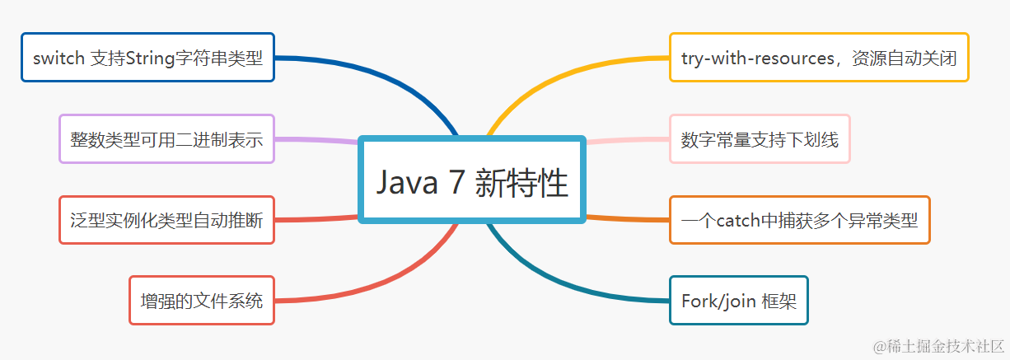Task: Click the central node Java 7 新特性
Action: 472,180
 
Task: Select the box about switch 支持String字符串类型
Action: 147,58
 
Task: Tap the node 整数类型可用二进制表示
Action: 166,139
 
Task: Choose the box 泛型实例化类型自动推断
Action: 166,220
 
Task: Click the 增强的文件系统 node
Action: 202,301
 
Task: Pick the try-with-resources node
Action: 819,58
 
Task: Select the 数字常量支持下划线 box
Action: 760,139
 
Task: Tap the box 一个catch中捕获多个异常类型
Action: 799,220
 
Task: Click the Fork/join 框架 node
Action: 739,301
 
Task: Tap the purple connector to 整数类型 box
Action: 317,140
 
